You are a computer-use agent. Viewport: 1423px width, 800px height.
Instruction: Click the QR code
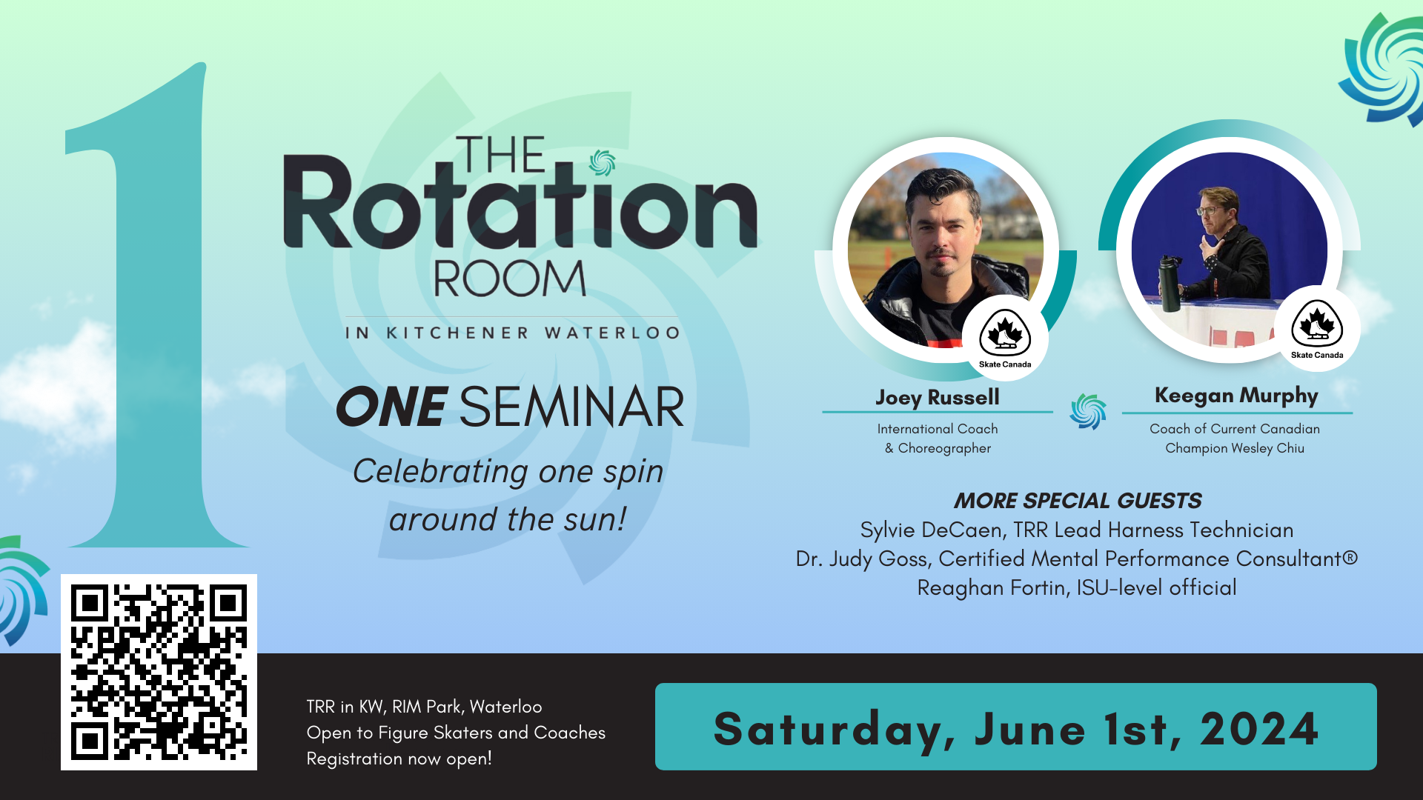[159, 672]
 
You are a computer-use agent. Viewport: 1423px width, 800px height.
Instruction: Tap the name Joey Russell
[938, 398]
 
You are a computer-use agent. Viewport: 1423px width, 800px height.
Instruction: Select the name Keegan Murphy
[1236, 396]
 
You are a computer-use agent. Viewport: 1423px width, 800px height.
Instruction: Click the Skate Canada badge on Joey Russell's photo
[1005, 338]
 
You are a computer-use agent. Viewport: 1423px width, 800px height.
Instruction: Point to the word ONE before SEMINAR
[392, 407]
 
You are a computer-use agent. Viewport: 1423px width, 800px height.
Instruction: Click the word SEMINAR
[571, 407]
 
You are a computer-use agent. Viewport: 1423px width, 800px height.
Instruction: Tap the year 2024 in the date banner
[1259, 729]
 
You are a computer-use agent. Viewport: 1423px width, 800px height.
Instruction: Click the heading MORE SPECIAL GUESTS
[1078, 501]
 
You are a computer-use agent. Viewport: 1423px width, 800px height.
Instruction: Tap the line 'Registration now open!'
[399, 759]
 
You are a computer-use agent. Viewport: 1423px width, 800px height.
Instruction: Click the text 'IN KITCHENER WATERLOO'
[512, 333]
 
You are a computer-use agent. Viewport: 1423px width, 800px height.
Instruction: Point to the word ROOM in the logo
[510, 279]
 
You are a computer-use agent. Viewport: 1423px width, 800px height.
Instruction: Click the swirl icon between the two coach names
[1088, 411]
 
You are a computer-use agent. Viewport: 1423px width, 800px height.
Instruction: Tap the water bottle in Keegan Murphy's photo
[1170, 284]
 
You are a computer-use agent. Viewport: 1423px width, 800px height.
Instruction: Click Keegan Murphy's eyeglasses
[1208, 210]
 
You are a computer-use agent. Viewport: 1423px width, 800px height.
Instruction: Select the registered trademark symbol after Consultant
[1350, 556]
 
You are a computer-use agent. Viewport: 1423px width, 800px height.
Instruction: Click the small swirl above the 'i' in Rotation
[602, 163]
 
